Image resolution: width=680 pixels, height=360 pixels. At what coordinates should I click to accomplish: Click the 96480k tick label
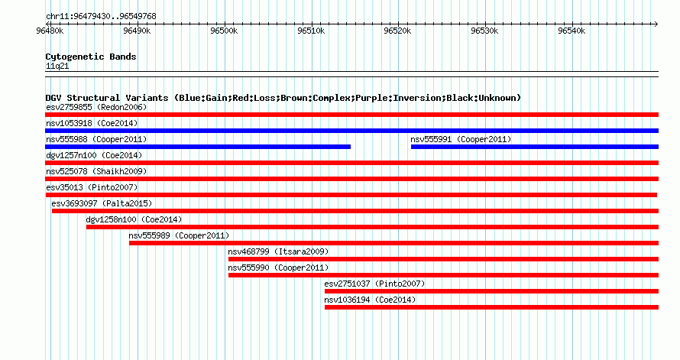[50, 31]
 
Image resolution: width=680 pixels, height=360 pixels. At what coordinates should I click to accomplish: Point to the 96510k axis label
[311, 31]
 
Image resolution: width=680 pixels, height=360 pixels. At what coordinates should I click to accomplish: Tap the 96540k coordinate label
[572, 31]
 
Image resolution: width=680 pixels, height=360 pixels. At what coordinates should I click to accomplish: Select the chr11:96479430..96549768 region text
[101, 17]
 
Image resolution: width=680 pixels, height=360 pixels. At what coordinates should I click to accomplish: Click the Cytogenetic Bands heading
[91, 57]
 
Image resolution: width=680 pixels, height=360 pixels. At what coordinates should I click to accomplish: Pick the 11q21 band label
[57, 66]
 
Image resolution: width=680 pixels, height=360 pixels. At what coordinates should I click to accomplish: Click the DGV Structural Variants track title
[283, 98]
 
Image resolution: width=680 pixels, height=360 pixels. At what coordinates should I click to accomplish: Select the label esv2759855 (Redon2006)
[96, 107]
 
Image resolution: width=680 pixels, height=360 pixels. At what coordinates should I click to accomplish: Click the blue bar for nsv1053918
[351, 131]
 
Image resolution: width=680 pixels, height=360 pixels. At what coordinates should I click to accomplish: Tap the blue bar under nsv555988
[198, 147]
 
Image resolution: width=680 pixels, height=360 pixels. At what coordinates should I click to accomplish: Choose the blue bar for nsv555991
[535, 147]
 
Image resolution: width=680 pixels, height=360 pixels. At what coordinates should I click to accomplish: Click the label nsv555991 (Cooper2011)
[461, 139]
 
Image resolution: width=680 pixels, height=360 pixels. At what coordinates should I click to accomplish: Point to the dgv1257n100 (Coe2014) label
[94, 155]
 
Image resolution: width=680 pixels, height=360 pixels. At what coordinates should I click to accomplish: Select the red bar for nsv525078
[351, 179]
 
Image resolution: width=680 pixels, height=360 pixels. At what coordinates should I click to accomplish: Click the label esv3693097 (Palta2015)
[102, 203]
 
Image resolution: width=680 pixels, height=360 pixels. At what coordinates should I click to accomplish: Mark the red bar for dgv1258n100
[373, 227]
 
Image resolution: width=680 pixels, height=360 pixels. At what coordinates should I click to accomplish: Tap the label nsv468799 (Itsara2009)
[278, 251]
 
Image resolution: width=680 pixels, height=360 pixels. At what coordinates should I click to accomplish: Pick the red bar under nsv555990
[444, 275]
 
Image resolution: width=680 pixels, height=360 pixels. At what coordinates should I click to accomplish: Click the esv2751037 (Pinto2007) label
[374, 284]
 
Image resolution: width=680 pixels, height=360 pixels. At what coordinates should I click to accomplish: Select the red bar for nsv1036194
[492, 307]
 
